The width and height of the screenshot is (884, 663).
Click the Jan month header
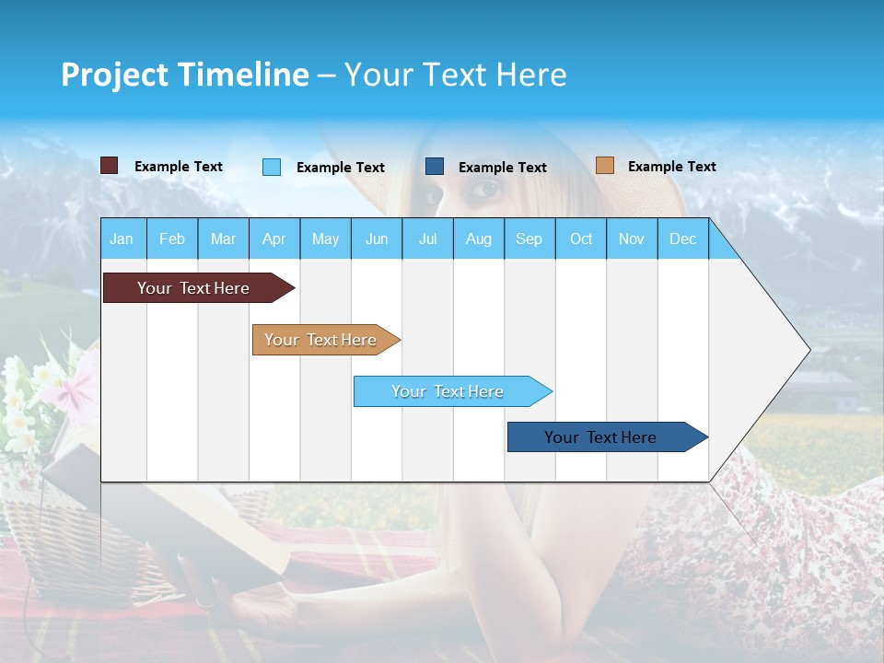coord(122,238)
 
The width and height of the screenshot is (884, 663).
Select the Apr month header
coord(273,238)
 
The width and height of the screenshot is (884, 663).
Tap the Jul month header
coord(427,238)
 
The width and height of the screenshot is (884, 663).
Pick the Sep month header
coord(529,238)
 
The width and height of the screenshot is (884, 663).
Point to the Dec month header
coord(682,238)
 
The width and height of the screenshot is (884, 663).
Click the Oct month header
coord(581,238)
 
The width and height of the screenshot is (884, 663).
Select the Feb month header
coord(172,238)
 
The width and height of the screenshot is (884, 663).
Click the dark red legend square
coord(110,166)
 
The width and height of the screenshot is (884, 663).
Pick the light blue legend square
coord(272,167)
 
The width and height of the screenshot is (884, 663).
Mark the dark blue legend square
coord(435,167)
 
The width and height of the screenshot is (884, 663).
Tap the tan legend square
coord(605,166)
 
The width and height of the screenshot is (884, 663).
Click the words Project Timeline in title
coord(184,75)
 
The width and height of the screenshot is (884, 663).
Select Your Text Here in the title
coord(456,75)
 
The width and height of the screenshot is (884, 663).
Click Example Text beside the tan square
coord(671,167)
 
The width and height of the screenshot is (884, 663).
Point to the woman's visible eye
coord(485,191)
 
